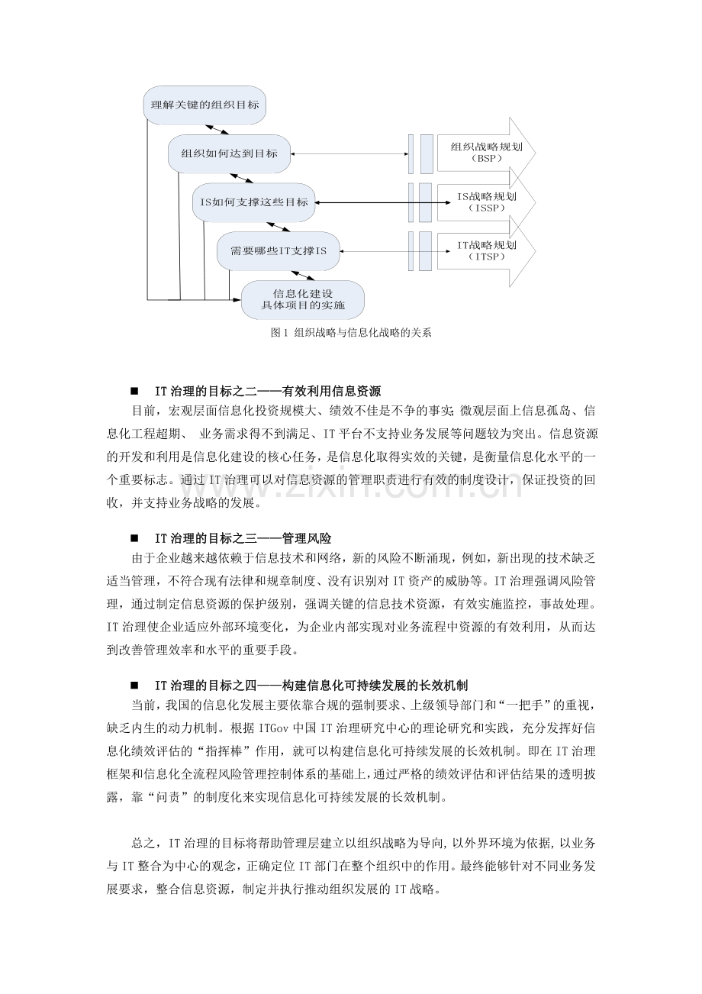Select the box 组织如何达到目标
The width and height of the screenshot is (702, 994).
coord(229,153)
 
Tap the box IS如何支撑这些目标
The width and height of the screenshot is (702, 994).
coord(253,202)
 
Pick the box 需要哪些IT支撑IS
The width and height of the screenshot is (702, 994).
coord(278,251)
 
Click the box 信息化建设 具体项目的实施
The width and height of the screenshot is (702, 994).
coord(302,299)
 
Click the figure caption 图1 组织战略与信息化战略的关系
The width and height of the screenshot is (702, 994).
coord(351,333)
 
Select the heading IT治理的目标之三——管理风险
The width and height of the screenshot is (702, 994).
coord(243,538)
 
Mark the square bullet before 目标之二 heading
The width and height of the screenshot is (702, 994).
coord(134,391)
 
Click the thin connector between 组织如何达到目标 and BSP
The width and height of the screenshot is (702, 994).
coord(346,153)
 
